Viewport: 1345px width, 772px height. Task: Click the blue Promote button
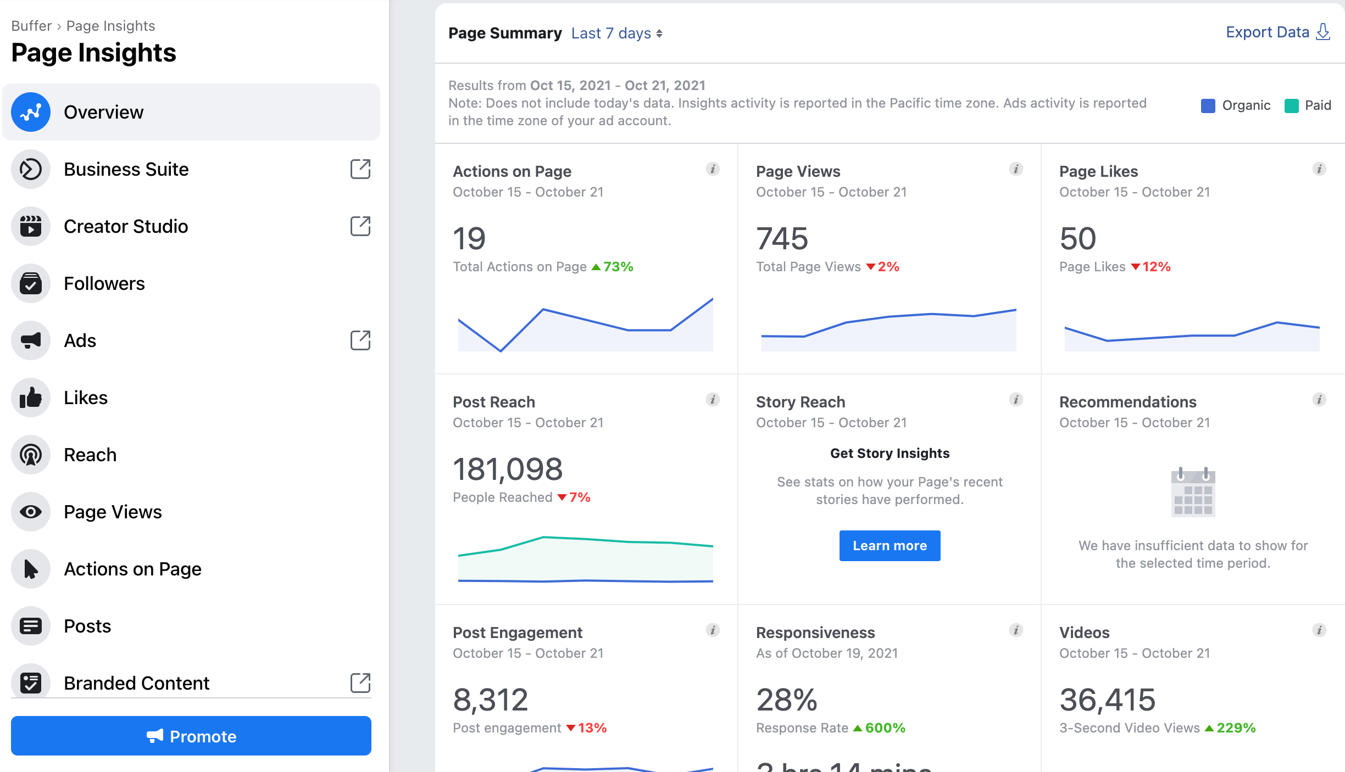(191, 736)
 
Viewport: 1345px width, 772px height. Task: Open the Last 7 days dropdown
(616, 33)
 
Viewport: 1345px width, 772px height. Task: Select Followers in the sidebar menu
(104, 283)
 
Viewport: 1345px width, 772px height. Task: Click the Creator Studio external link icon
(360, 226)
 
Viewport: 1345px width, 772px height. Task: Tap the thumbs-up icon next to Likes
(31, 398)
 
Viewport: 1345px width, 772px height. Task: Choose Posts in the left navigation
(87, 626)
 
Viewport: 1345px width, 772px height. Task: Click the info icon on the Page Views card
(1016, 169)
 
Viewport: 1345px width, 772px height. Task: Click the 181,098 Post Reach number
(507, 469)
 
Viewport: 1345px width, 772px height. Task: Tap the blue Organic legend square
(1208, 105)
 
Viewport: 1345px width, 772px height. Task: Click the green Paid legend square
(1291, 105)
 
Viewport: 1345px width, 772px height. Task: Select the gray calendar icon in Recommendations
(1193, 492)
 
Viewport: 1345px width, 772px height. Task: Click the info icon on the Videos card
(1319, 630)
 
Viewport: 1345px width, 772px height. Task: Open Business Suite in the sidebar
(126, 169)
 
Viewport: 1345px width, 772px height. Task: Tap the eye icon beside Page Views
(31, 512)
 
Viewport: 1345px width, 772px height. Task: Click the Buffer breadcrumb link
(31, 26)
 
